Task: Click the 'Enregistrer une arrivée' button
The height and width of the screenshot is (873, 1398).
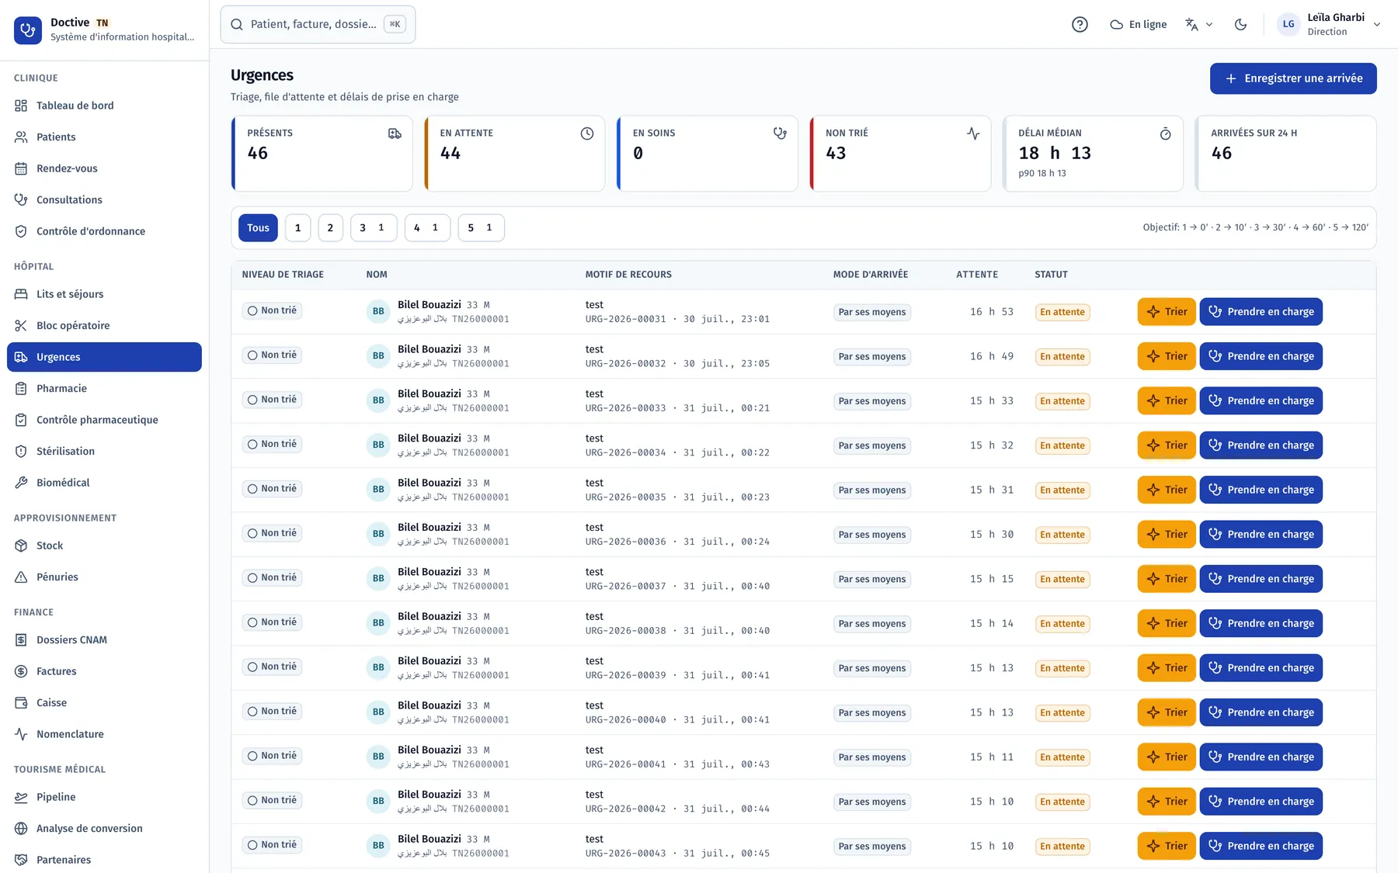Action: point(1293,78)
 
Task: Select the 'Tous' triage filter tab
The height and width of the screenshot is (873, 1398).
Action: point(258,228)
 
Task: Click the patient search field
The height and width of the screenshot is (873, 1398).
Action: point(318,24)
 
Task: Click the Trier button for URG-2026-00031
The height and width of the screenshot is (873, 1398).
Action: point(1167,312)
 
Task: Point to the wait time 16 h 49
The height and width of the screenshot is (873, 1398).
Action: point(992,356)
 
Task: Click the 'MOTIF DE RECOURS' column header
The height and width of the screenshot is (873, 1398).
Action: point(628,275)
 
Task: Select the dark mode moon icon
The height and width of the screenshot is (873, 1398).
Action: point(1240,24)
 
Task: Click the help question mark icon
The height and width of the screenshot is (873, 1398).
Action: point(1080,24)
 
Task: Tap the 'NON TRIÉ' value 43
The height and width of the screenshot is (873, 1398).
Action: point(836,154)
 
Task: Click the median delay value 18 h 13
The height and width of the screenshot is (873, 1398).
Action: point(1055,154)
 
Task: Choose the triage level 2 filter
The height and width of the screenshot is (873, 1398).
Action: point(330,228)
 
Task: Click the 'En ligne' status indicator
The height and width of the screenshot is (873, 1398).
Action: point(1139,24)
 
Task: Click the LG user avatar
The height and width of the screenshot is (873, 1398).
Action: point(1288,24)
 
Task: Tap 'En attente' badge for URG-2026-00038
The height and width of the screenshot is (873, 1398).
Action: point(1062,624)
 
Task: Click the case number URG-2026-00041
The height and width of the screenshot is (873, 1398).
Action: point(625,764)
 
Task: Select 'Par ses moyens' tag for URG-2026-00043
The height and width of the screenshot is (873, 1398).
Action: point(872,847)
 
